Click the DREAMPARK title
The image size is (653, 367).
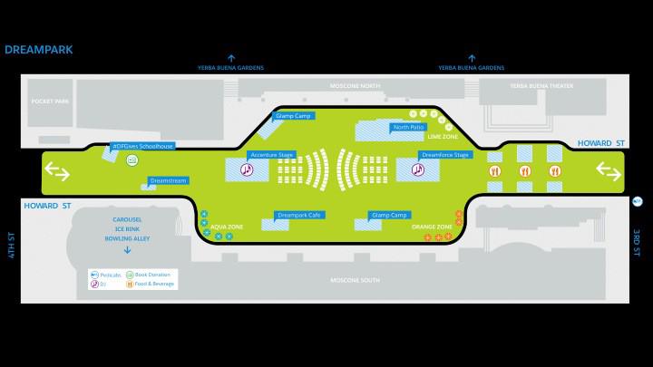coord(39,51)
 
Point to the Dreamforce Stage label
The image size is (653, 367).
coord(444,155)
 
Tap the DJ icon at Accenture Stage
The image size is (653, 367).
coord(245,169)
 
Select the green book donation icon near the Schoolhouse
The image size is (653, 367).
coord(132,160)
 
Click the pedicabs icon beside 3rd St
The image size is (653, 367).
coord(638,199)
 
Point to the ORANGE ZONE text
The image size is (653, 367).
coord(432,226)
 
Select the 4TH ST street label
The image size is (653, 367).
coord(12,245)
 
